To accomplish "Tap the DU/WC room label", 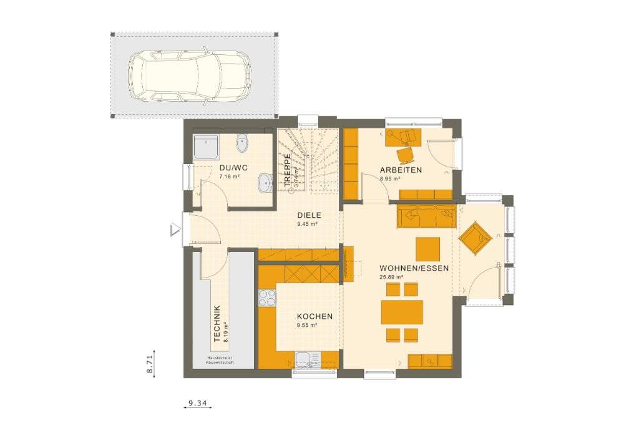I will click(233, 168).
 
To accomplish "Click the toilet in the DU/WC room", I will click(243, 144).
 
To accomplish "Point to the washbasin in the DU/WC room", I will click(265, 183).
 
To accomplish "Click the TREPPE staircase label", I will click(287, 170).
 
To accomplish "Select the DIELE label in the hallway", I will click(308, 213).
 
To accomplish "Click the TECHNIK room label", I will click(217, 324).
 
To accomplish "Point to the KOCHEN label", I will click(314, 316).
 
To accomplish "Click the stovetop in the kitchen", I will click(267, 298).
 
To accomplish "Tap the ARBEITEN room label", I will click(401, 170).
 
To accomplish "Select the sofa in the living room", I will click(426, 216).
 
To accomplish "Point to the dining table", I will click(402, 312).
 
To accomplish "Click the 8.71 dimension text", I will click(150, 363).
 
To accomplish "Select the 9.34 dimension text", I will click(197, 404).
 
